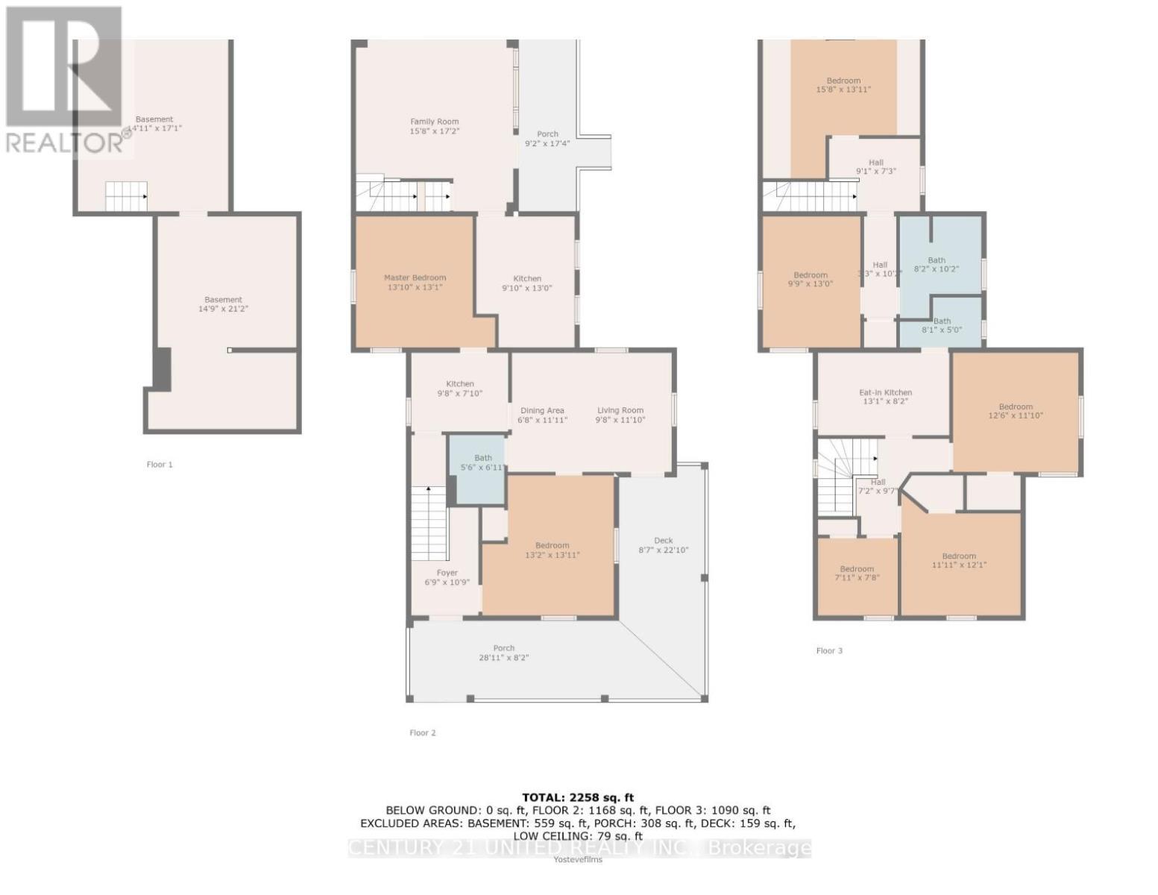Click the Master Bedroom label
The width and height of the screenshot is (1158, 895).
pos(415,282)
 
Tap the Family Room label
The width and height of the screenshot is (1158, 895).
pos(434,126)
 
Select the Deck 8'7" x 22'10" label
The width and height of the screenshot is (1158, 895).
pos(663,545)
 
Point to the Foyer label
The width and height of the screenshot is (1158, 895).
pos(447,577)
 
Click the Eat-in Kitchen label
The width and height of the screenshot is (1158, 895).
pos(885,397)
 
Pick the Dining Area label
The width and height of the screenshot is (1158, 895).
pos(542,415)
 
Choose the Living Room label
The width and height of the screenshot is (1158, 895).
pos(620,415)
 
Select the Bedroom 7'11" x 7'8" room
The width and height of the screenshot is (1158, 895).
pos(857,577)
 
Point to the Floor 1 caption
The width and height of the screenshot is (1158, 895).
pos(160,465)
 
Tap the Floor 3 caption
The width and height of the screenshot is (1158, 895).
pos(829,651)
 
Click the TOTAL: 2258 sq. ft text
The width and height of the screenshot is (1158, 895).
pos(578,797)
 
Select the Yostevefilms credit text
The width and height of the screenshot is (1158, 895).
pos(578,859)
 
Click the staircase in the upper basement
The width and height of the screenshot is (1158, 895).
pos(125,196)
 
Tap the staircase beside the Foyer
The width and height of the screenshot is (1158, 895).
pos(429,522)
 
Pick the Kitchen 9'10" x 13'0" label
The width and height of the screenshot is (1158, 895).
pos(526,283)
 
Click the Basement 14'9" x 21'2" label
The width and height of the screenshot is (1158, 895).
pos(223,304)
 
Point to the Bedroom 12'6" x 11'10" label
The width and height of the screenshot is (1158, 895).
pos(1016,411)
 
